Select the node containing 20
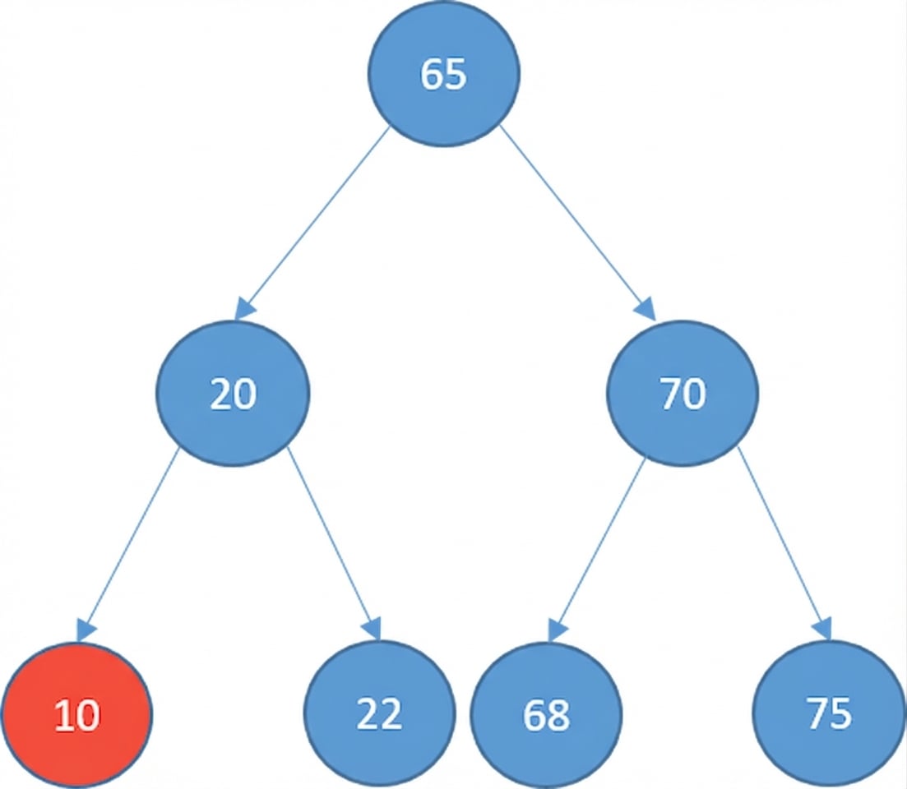[x=234, y=394]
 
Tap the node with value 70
[x=683, y=394]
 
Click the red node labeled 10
[x=76, y=715]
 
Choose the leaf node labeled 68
[x=546, y=715]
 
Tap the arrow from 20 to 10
[x=130, y=542]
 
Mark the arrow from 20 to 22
[x=333, y=542]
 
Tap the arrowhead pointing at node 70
[x=647, y=309]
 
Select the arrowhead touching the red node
[x=86, y=630]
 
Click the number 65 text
[x=443, y=74]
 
